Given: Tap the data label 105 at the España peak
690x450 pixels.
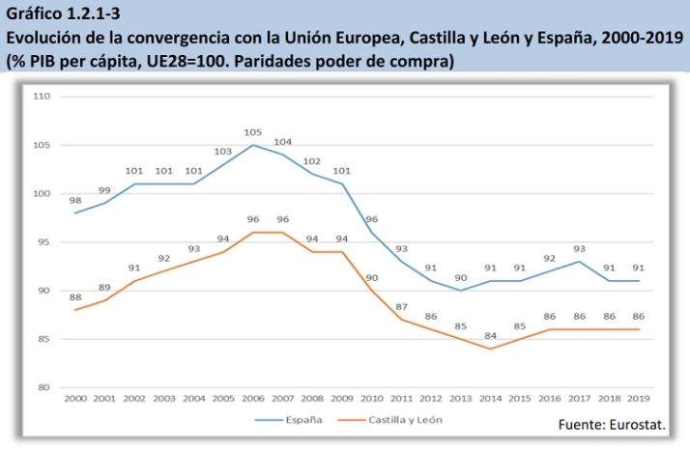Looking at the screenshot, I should point(253,132).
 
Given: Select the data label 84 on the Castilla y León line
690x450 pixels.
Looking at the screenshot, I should point(490,335).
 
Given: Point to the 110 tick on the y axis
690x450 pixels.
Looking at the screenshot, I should point(42,97).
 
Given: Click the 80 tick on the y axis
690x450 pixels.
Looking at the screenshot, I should point(43,387).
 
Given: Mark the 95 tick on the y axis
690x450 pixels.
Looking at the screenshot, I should point(43,242).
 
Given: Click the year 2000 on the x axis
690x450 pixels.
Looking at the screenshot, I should point(74,398).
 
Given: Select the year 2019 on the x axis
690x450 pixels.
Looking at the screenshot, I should point(639,398).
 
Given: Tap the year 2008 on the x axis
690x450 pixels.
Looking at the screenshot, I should point(312,398).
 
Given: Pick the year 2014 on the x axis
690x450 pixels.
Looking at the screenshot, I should point(490,398).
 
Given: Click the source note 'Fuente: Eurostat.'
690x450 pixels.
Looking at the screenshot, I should point(612,425).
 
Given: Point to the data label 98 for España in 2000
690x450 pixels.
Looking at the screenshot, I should point(75,200).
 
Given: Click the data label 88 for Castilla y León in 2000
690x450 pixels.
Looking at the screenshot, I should point(75,297).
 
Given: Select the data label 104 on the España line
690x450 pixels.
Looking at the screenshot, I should point(283,142).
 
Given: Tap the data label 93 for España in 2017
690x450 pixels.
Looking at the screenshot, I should point(579,248).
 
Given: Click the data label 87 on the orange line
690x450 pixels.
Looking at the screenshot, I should point(401,306).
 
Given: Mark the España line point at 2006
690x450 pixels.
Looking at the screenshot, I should point(253,146).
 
